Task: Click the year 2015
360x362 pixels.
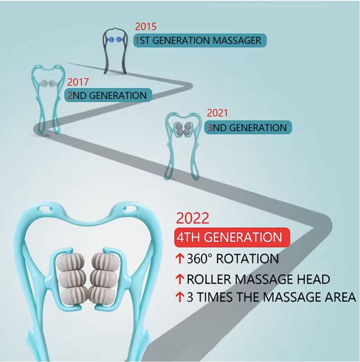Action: click(x=146, y=26)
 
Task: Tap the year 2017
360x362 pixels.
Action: click(x=78, y=82)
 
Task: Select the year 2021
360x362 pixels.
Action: click(x=217, y=113)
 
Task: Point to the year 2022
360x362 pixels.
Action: click(x=192, y=218)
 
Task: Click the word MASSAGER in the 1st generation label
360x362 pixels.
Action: click(x=237, y=40)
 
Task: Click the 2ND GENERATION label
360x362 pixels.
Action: click(x=108, y=95)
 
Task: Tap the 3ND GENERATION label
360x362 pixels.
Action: click(x=248, y=127)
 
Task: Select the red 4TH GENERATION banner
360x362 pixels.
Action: click(x=232, y=237)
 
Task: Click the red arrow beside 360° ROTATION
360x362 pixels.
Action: click(x=180, y=258)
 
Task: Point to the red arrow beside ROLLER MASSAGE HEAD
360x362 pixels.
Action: click(x=180, y=279)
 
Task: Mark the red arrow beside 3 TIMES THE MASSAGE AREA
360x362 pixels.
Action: click(x=180, y=297)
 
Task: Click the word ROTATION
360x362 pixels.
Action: click(x=247, y=258)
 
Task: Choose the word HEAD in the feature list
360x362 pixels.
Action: click(x=313, y=279)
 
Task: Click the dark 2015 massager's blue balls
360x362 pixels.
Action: click(x=115, y=40)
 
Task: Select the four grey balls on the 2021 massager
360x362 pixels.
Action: click(x=183, y=129)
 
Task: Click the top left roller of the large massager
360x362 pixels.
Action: click(x=70, y=262)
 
